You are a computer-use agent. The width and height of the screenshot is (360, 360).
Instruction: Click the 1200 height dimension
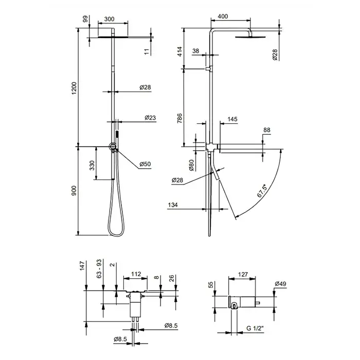pos(74,88)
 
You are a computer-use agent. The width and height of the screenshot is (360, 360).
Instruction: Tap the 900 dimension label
pos(74,191)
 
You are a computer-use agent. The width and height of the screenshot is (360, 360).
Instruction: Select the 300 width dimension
pos(109,19)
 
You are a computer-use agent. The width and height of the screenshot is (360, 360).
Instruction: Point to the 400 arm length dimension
pos(223,16)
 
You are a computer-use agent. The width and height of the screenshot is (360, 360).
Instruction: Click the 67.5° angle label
pos(262,191)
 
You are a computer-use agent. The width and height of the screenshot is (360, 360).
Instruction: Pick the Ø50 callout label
pos(145,164)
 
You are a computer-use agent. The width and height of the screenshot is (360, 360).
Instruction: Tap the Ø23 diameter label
pos(150,118)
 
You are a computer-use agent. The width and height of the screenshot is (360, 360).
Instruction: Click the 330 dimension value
pos(92,165)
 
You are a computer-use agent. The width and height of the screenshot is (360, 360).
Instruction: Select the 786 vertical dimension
pos(180,118)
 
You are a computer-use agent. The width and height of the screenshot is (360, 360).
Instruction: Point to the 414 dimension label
pos(180,51)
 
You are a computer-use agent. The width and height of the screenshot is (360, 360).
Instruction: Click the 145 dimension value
pos(232,119)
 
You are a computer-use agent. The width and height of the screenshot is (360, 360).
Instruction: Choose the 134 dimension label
pos(173,205)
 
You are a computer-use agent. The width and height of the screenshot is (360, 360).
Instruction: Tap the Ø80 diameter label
pos(191,165)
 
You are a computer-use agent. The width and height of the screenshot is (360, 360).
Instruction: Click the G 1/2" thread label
pos(255,328)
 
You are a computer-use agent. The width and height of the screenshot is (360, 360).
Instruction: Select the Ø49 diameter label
pos(280,284)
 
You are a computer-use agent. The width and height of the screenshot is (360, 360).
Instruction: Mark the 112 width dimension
pos(136,274)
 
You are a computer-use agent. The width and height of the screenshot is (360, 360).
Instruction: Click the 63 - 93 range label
pos(99,268)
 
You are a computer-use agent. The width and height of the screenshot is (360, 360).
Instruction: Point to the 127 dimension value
pos(243,274)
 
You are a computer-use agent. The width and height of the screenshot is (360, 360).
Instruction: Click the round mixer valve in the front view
pos(113,146)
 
